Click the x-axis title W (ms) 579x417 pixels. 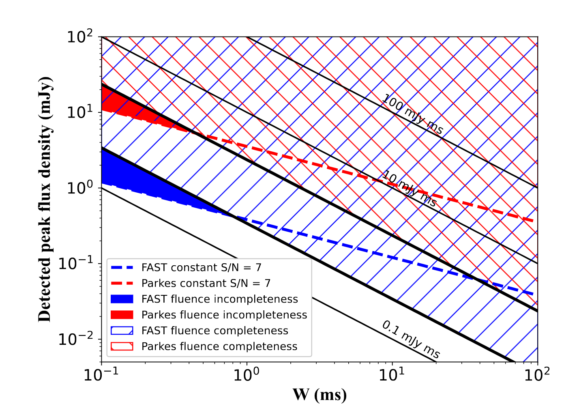coord(320,394)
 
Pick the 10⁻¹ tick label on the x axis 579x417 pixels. coord(101,375)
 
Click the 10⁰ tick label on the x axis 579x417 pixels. coord(246,375)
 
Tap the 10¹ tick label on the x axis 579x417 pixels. coord(392,375)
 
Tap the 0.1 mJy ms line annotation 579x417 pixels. coord(411,339)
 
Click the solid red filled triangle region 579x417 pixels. coord(122,107)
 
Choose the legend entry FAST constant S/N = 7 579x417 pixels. coord(201,268)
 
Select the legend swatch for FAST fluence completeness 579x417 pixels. coord(122,331)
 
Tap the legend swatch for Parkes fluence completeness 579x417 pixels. coord(122,346)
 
